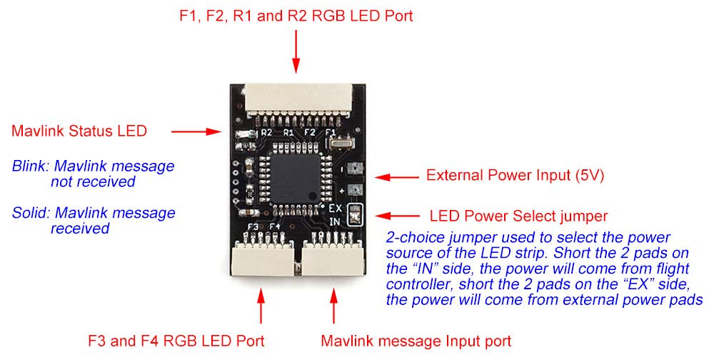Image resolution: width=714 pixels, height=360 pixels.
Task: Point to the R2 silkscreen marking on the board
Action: tap(266, 132)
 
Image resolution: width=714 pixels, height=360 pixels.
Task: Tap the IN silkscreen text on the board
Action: tap(335, 221)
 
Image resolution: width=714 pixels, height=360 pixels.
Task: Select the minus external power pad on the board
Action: tap(352, 169)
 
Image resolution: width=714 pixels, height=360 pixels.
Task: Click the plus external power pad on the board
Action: tap(352, 191)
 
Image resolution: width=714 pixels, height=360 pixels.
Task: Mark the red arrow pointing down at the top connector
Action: tap(296, 54)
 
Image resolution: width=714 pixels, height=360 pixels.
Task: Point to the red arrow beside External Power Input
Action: tap(396, 176)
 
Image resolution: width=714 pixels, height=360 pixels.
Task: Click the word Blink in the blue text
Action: tap(28, 166)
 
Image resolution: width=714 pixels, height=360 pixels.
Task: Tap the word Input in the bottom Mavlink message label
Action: tap(448, 341)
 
